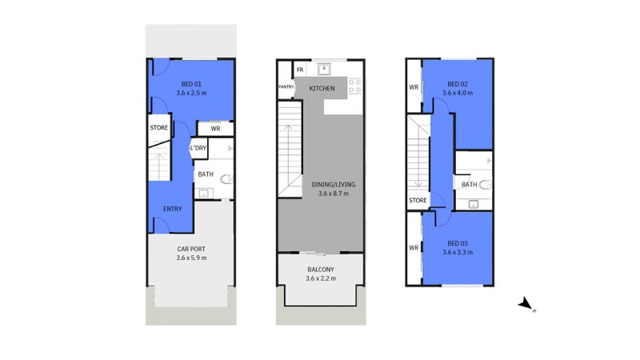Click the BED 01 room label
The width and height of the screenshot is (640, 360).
[x=191, y=84]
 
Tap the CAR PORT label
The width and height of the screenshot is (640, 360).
[x=191, y=249]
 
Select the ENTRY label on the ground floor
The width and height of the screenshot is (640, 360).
[x=172, y=209]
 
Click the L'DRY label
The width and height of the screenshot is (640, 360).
[x=198, y=148]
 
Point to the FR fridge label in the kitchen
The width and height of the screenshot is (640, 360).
[x=300, y=70]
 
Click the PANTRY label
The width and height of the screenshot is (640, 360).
[x=286, y=87]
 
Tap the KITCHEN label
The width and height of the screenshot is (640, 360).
[x=322, y=88]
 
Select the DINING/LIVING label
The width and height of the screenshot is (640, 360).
[x=334, y=185]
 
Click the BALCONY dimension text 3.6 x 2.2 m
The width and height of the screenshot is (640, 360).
[x=321, y=278]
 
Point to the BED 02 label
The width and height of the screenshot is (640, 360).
[x=458, y=84]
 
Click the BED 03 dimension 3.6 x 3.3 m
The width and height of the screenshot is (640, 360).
[x=458, y=252]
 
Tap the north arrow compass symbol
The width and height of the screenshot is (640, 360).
[x=526, y=304]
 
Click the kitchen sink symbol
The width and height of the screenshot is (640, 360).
[x=324, y=69]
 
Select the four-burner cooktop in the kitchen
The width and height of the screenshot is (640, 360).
[x=354, y=86]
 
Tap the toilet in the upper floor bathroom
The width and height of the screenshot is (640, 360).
[x=486, y=185]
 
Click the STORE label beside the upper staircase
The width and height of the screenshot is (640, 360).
[x=418, y=201]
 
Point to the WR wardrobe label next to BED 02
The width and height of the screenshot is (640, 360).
[x=414, y=87]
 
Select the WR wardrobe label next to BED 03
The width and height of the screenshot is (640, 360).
[x=414, y=248]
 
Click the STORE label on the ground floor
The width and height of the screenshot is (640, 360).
[x=158, y=128]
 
